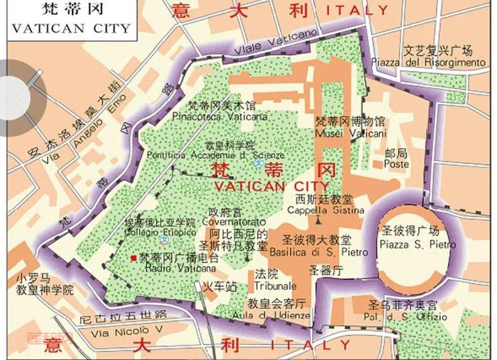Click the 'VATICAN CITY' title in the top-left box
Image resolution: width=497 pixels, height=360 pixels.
click(x=72, y=28)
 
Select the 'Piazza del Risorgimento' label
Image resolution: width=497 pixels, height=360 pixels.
click(x=428, y=63)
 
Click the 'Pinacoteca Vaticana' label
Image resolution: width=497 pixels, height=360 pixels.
click(x=220, y=117)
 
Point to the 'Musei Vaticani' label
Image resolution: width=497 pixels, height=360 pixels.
click(x=351, y=132)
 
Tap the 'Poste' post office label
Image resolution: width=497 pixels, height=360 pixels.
click(x=396, y=164)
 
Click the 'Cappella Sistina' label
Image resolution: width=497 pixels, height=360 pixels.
click(x=325, y=211)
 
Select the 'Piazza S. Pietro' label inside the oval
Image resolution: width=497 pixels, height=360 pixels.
click(x=417, y=245)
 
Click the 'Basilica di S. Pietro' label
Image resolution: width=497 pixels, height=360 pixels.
click(x=319, y=252)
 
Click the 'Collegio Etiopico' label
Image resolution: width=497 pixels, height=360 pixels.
click(x=160, y=232)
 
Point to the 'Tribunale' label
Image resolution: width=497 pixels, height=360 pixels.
click(x=275, y=286)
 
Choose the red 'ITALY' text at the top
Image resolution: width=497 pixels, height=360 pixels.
click(x=357, y=10)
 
